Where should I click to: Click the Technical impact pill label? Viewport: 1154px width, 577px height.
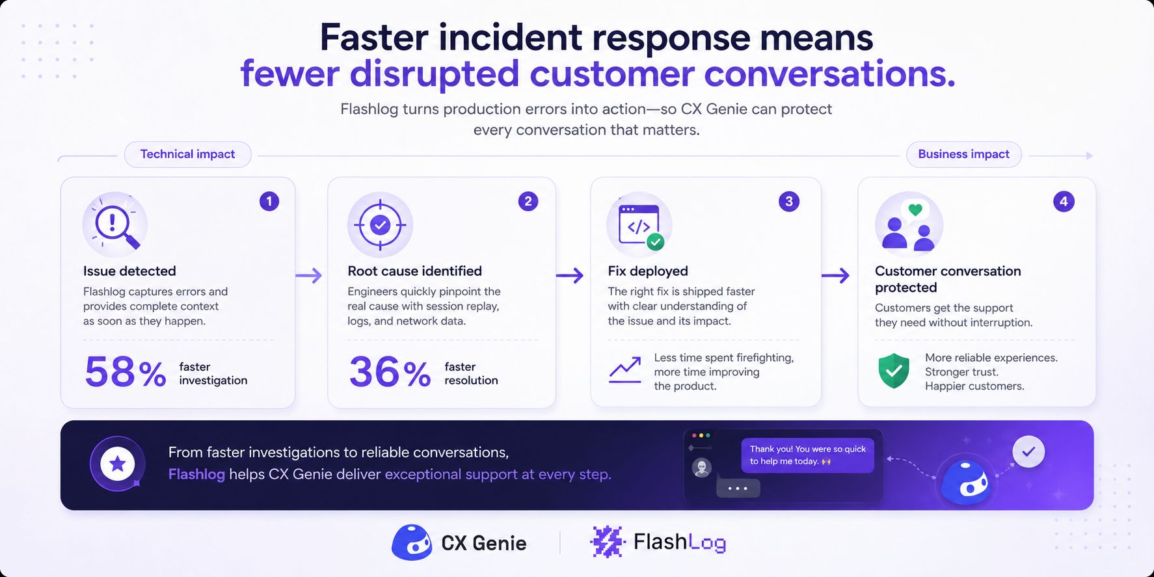(188, 154)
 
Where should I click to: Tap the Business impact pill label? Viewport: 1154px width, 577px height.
(963, 154)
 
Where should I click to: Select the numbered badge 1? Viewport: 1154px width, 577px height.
(269, 202)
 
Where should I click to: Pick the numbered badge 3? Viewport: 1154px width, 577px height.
(789, 202)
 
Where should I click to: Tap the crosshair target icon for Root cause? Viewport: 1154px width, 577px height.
(380, 225)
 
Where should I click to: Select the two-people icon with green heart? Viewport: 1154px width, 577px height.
(908, 225)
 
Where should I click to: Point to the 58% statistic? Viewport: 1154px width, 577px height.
(126, 372)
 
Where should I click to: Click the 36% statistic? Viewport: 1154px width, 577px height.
(390, 372)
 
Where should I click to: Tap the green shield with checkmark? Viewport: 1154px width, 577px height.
(894, 371)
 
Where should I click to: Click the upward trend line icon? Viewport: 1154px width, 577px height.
(625, 370)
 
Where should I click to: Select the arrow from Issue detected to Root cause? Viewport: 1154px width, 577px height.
(309, 276)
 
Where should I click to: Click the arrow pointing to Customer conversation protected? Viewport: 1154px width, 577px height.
(835, 276)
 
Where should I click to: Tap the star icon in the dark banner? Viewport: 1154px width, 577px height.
(118, 464)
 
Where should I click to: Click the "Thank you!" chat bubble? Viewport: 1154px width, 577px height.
(807, 455)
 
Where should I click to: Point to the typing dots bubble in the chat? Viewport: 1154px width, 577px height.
(738, 488)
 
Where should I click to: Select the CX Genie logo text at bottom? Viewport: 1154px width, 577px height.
(483, 543)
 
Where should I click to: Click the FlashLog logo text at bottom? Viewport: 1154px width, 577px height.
(680, 542)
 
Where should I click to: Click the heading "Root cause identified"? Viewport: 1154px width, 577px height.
(415, 271)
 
